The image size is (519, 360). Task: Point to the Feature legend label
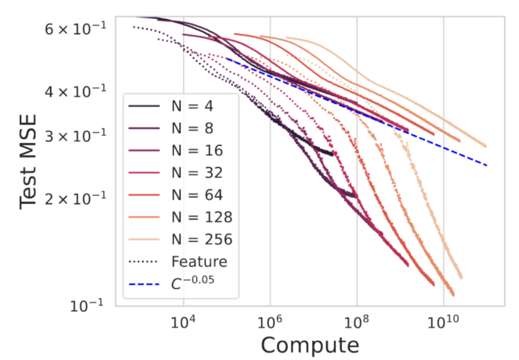coord(199,261)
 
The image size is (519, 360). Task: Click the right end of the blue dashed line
coord(487,165)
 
